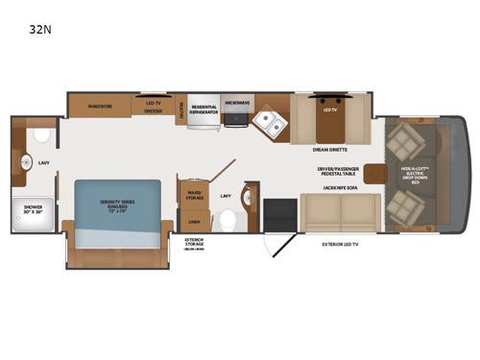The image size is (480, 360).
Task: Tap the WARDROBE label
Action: click(101, 106)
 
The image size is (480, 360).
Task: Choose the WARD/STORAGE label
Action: click(193, 195)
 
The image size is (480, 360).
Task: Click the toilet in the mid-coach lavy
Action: click(228, 220)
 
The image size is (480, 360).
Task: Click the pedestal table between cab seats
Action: click(375, 174)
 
